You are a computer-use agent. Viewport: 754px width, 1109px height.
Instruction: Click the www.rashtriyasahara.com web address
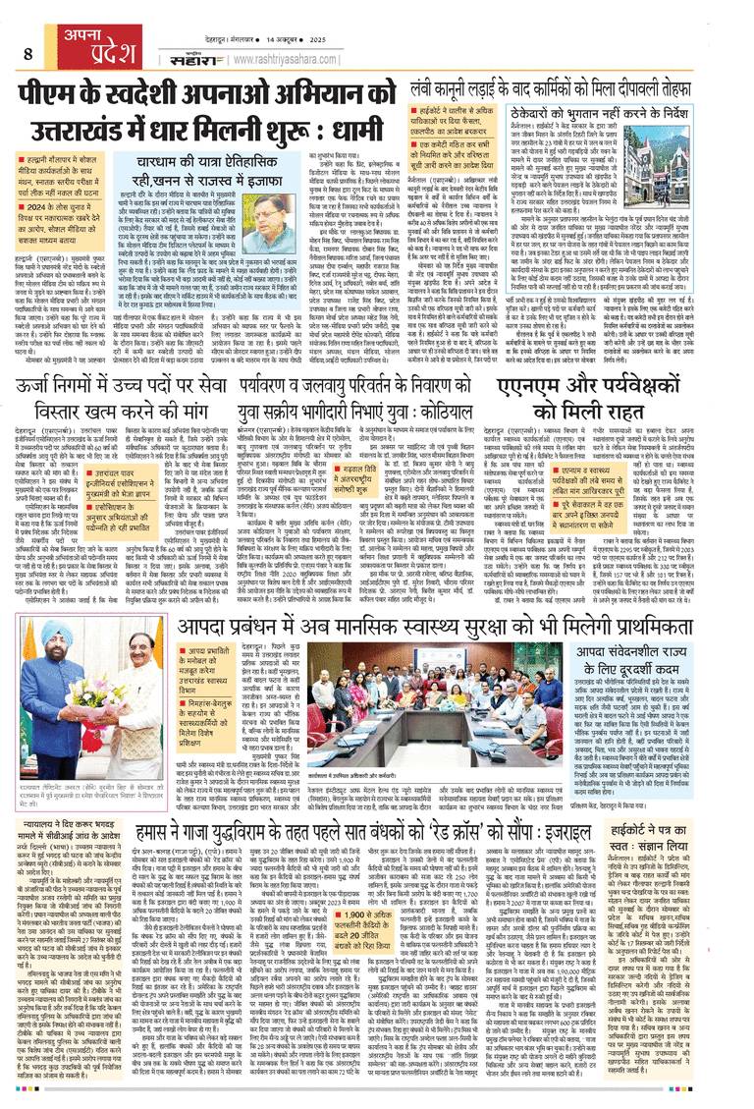(x=358, y=58)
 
